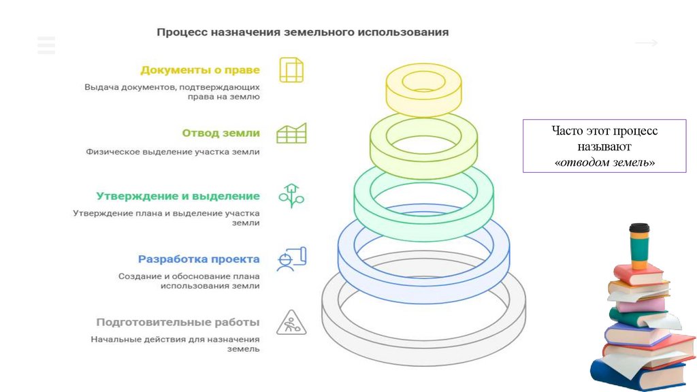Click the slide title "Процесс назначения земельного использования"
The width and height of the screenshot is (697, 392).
coord(303,32)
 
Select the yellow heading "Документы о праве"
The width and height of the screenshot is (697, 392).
coord(200,69)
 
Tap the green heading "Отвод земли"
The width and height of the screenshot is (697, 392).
coord(221,133)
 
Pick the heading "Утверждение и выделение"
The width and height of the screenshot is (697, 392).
coord(178,196)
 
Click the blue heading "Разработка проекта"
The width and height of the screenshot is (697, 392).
coord(199,259)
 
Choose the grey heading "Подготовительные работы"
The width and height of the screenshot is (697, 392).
coord(178,322)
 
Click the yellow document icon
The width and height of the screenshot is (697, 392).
coord(291,70)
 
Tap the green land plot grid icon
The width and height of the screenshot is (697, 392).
coord(291,133)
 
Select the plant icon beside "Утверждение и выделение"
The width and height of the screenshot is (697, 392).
coord(291,196)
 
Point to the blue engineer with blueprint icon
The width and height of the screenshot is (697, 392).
coord(291,259)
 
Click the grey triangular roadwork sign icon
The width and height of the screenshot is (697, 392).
coord(291,323)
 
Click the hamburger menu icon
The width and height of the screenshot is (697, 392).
coord(46,45)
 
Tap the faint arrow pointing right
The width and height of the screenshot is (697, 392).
coord(646,44)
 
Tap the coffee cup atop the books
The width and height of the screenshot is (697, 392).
coord(638,246)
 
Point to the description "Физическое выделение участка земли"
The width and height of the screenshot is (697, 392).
coord(173,152)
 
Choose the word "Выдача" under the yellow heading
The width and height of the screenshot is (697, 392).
coord(99,87)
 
